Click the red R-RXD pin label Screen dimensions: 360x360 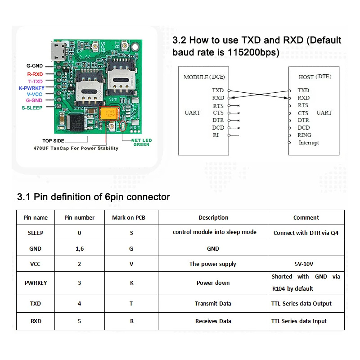pos(35,74)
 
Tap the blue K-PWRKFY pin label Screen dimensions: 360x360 pos(31,88)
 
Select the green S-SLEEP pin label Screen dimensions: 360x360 pos(32,108)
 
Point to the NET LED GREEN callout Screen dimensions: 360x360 pos(141,142)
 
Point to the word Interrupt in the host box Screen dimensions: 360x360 pos(309,143)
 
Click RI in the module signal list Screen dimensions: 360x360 pos(216,135)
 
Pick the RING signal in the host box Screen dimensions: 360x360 pos(304,135)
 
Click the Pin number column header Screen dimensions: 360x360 pos(80,217)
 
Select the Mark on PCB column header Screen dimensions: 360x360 pos(129,217)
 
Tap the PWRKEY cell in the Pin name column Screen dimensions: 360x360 pos(35,283)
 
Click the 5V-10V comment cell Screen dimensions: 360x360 pos(306,264)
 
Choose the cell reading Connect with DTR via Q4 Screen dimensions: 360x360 pos(306,233)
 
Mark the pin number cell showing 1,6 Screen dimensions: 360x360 pos(80,248)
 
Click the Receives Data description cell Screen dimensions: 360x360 pos(213,321)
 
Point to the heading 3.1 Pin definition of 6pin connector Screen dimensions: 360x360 pos(93,197)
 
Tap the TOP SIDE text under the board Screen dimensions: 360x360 pos(54,141)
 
